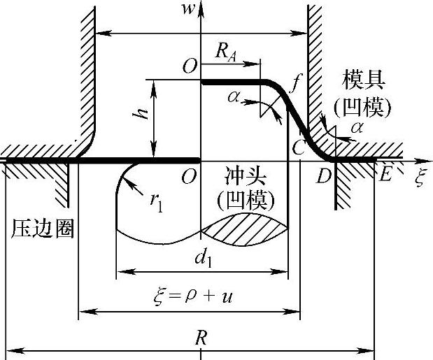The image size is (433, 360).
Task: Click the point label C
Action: coord(299,147)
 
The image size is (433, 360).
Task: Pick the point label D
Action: coord(324,176)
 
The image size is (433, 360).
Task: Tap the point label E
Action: coord(385,175)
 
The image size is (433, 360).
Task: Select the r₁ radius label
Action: coord(157,200)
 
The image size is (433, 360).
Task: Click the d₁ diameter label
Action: coord(203,257)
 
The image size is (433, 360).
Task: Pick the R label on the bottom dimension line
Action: coord(201,338)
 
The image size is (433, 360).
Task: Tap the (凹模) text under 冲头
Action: coord(246,201)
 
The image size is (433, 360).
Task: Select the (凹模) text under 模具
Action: coord(362,106)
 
